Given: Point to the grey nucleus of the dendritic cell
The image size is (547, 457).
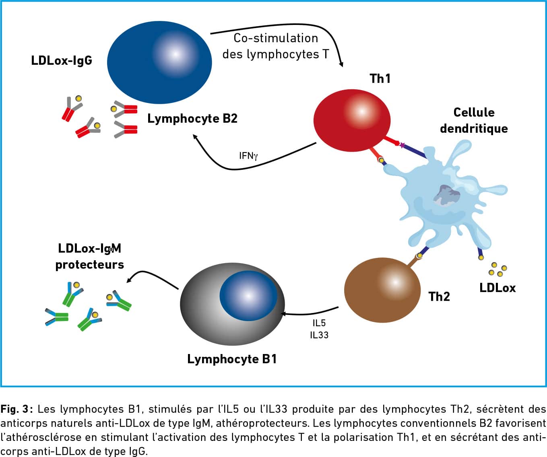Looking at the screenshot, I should [x=446, y=195].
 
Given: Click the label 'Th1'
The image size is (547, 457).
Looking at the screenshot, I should [x=380, y=78].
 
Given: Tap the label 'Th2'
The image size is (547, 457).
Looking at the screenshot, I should [x=439, y=296].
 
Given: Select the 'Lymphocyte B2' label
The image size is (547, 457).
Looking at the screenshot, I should [x=192, y=119].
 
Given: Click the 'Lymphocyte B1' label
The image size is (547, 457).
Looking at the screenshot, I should [x=232, y=359].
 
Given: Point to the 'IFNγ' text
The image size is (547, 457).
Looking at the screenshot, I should [x=248, y=156].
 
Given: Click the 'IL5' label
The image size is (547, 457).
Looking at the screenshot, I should [x=319, y=323].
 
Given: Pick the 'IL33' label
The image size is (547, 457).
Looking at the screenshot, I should [x=319, y=335].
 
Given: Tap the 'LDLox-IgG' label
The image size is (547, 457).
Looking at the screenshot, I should [x=62, y=61].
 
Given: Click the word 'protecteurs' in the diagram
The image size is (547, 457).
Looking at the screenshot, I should [x=89, y=265].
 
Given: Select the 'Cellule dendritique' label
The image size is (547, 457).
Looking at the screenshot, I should [x=474, y=120].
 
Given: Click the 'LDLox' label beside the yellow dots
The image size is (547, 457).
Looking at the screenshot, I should [x=497, y=288].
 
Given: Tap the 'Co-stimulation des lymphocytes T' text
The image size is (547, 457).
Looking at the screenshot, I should [x=276, y=46].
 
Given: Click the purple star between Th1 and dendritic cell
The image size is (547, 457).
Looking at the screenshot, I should [x=402, y=145].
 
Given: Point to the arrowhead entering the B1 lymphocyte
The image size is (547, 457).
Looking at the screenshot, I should [x=283, y=314].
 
